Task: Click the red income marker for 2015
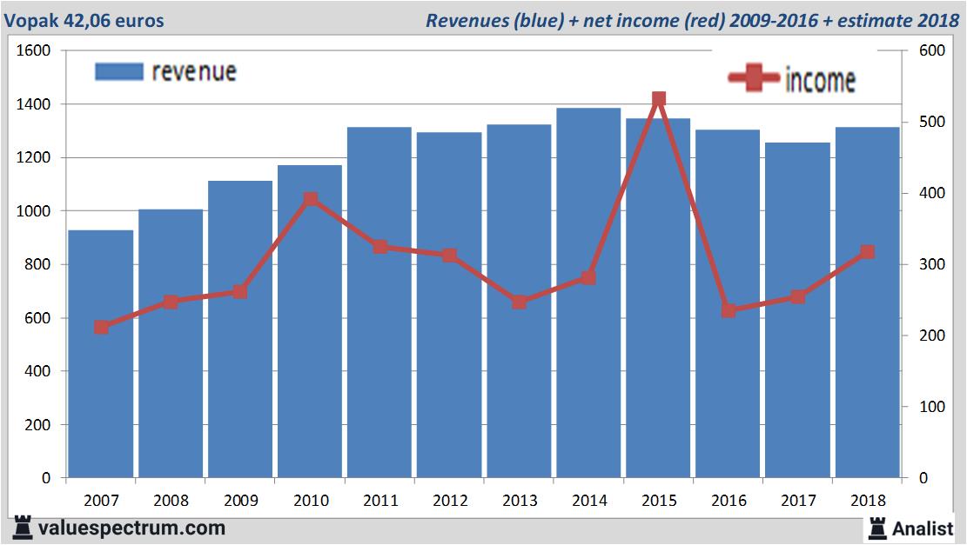click(658, 99)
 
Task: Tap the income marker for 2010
click(310, 199)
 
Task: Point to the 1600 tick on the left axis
click(36, 51)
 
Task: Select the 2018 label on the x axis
click(867, 501)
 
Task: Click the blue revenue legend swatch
click(118, 71)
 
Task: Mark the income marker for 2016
click(729, 310)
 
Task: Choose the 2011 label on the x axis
click(379, 501)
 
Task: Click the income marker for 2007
click(101, 328)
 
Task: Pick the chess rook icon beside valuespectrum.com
click(23, 528)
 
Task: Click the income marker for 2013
click(519, 302)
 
